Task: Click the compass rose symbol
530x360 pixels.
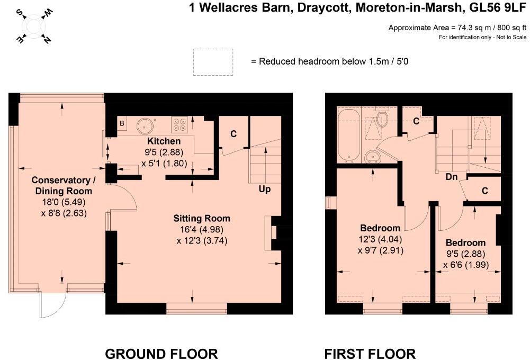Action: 33,26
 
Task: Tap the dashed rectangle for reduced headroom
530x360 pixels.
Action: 213,61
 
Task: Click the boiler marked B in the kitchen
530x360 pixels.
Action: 122,124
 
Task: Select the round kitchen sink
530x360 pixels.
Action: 145,126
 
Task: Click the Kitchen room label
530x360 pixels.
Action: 164,141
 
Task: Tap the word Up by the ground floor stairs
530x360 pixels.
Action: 265,189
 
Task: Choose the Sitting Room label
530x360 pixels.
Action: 202,218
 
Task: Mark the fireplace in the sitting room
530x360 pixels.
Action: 273,232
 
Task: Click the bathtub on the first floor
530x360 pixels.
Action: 348,136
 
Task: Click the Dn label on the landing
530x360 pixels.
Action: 451,177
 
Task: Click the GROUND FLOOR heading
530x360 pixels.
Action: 161,354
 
